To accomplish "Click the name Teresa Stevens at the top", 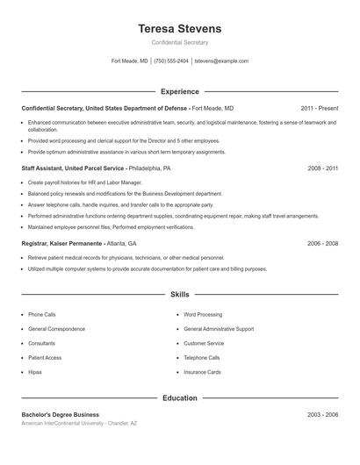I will pos(179,29).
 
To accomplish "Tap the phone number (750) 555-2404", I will pos(171,61).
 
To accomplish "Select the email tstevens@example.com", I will pos(221,61).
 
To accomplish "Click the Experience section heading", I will pos(179,91).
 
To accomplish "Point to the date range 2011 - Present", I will pos(319,108).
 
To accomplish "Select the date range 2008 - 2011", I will pos(322,168).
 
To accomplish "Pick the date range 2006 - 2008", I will pos(322,243).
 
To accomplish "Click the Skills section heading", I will pos(179,295).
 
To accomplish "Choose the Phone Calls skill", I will pos(41,314).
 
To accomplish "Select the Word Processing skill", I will pos(203,314).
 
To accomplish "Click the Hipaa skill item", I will pos(35,373).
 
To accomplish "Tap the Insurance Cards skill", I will pos(202,373).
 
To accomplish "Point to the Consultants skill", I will pos(41,343).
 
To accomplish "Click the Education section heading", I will pos(179,397).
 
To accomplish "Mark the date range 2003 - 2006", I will pos(322,414).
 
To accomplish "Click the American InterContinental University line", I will pos(79,424).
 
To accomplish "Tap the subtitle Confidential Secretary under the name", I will pos(179,42).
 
